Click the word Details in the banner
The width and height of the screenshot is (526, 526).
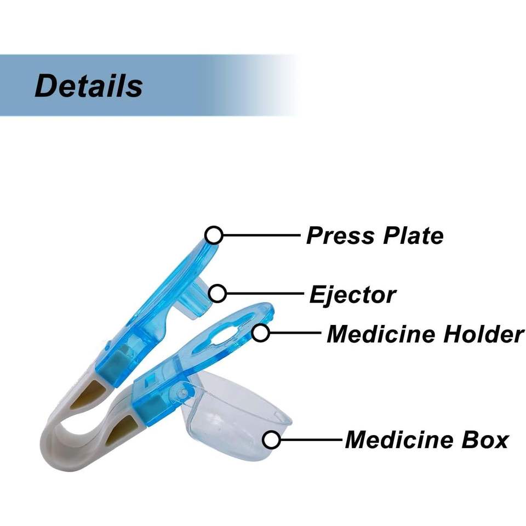[89, 85]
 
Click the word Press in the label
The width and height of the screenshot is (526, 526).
[340, 236]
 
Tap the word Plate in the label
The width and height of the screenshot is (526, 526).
[413, 236]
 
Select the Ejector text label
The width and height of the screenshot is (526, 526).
[352, 295]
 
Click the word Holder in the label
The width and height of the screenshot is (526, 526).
[483, 334]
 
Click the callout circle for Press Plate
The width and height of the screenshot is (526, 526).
[214, 235]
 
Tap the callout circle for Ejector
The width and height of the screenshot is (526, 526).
[218, 294]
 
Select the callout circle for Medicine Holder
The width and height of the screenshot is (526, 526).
[261, 333]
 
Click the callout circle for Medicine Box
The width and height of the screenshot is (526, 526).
[271, 440]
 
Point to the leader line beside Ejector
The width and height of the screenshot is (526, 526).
[265, 294]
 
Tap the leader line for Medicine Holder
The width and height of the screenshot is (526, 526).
[295, 333]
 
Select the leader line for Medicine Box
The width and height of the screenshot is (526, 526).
[311, 439]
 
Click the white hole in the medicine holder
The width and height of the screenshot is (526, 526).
[223, 335]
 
